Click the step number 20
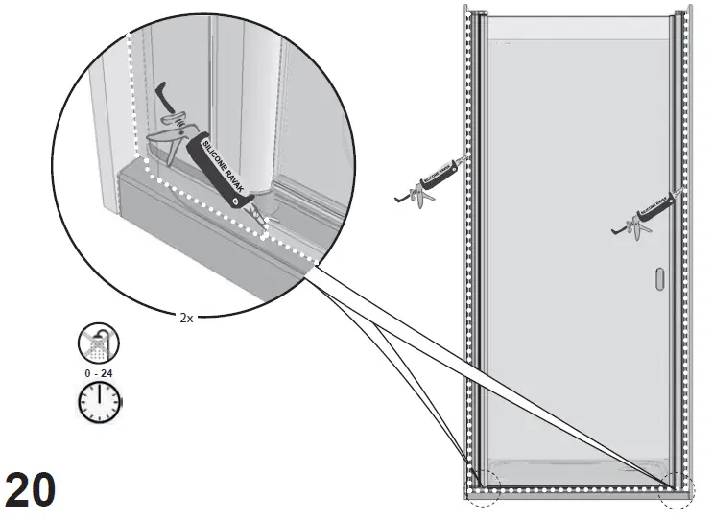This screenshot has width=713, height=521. tap(31, 491)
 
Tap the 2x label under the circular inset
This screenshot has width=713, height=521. tap(186, 318)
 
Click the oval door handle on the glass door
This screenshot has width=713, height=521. tap(658, 280)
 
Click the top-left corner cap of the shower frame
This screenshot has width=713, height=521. tap(468, 12)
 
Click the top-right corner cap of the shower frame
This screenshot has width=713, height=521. tap(688, 12)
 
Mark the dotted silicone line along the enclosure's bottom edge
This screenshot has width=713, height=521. tap(576, 489)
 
